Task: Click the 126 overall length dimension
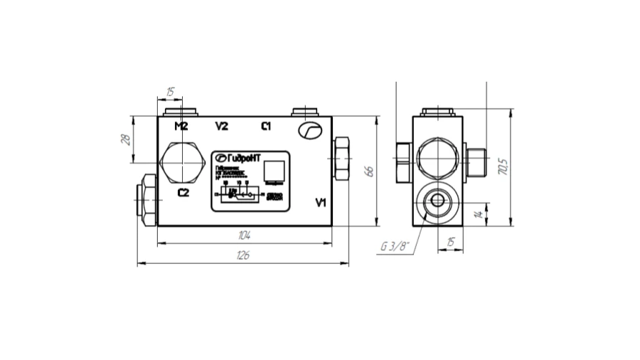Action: point(242,256)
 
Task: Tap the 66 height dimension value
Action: point(369,171)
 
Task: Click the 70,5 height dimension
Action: point(503,168)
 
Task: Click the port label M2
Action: point(181,127)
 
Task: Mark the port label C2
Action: point(183,192)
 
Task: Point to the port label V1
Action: point(320,203)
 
